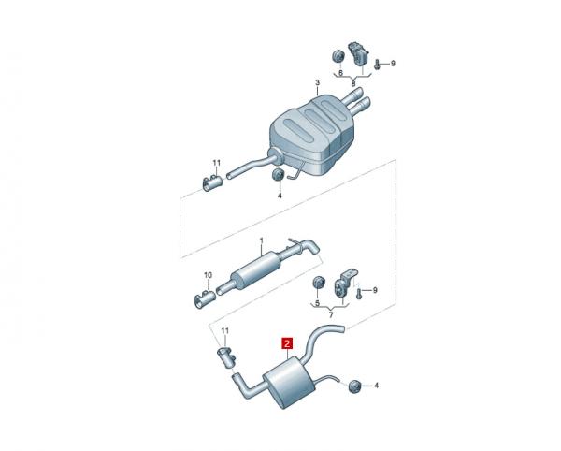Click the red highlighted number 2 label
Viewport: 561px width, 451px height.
287,343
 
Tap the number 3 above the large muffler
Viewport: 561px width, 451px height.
317,83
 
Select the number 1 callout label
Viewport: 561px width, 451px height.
261,240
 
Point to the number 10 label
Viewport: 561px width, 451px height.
208,275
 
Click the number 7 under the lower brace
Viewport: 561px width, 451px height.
331,315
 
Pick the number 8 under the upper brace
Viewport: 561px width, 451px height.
353,84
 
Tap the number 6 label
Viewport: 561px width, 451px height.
340,73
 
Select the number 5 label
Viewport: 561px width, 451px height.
317,303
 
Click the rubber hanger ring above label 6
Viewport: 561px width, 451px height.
338,57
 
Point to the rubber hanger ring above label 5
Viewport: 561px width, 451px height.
318,282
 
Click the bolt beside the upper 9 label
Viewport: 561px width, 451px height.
377,65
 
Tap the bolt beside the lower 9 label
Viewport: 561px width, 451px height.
359,294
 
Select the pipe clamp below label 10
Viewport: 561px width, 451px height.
204,298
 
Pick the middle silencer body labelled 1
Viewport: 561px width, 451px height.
256,269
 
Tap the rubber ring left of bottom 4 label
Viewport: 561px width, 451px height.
354,386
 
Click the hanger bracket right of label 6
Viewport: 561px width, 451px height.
358,54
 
